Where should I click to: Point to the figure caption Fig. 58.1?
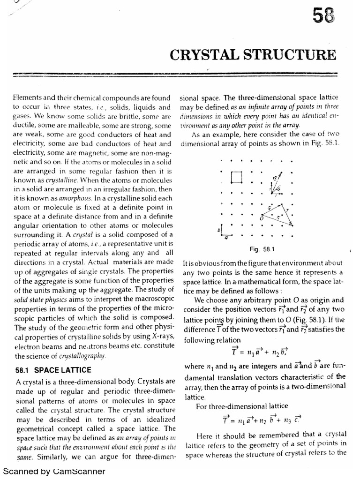(x=258, y=248)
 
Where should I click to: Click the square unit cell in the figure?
(x=237, y=177)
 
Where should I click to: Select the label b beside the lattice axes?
(x=218, y=230)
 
